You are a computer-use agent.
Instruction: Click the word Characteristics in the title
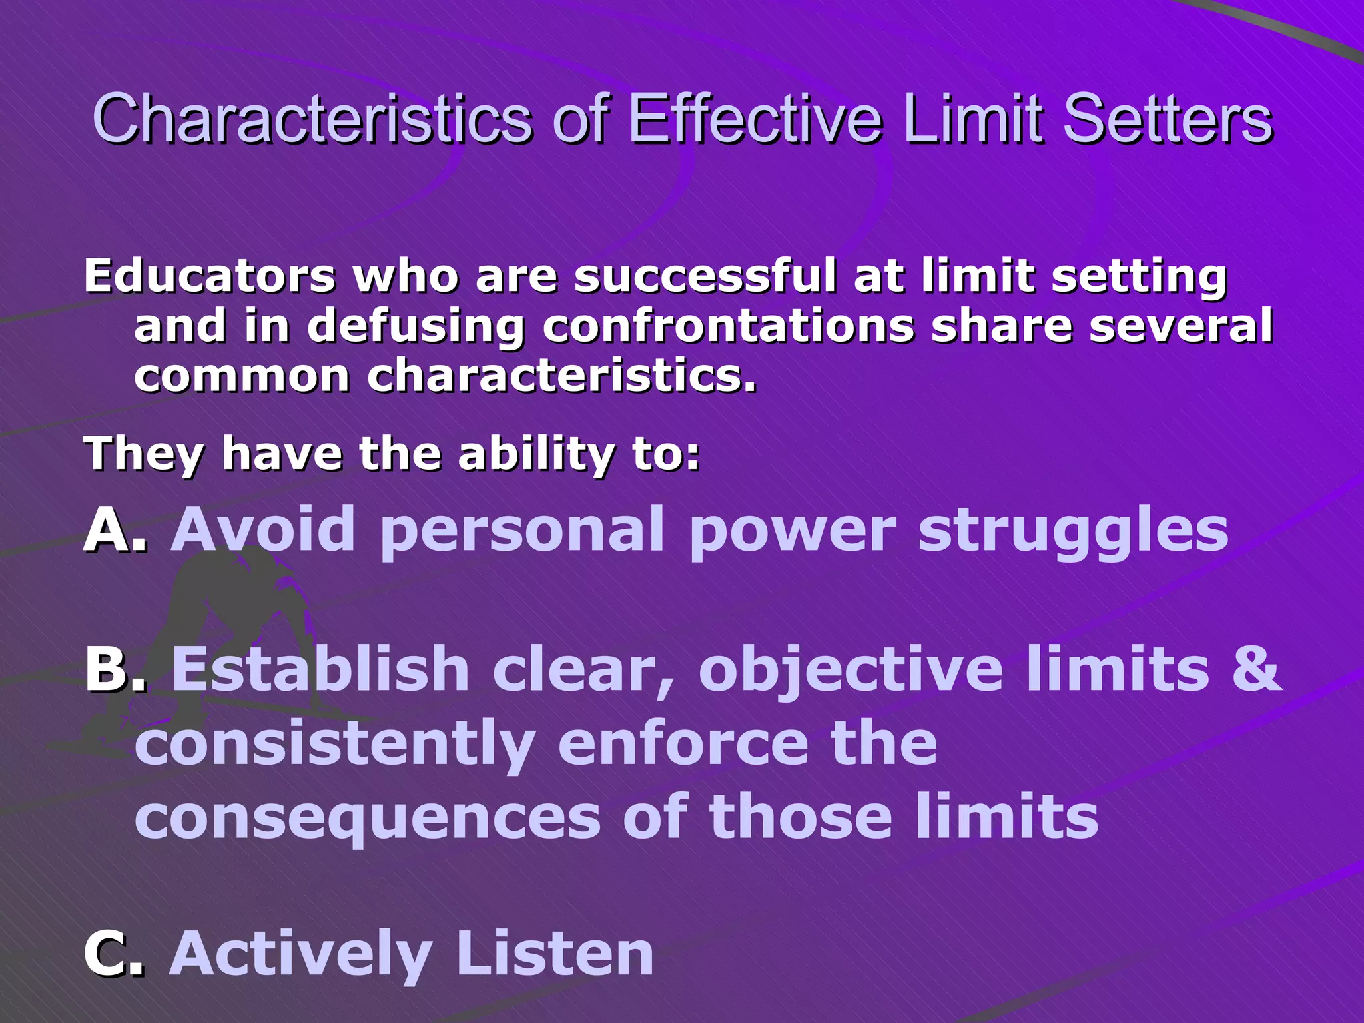(x=312, y=120)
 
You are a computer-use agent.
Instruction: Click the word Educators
(x=209, y=276)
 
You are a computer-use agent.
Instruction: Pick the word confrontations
(x=729, y=326)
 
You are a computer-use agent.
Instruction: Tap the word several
(x=1180, y=326)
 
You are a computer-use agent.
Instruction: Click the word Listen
(x=555, y=954)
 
